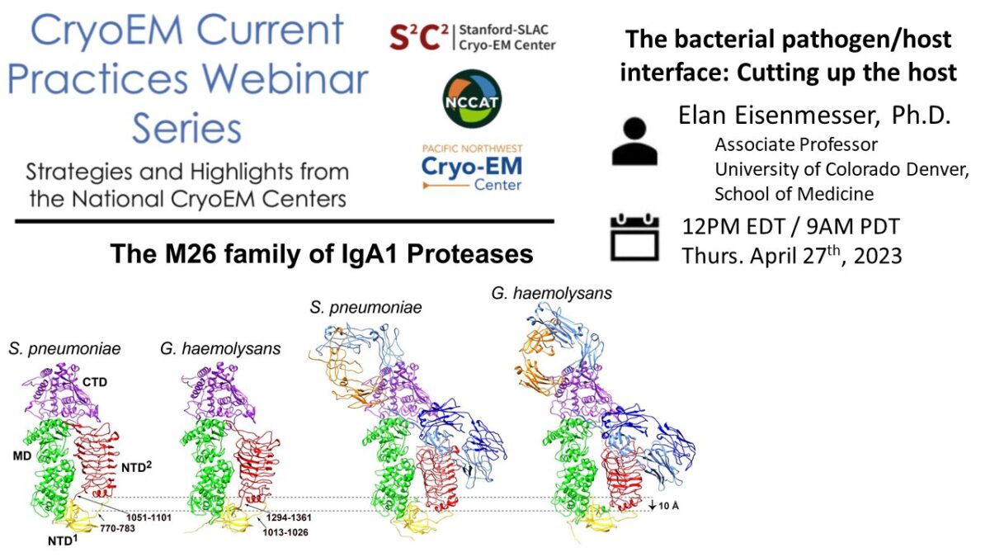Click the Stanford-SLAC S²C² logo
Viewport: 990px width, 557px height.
pos(472,36)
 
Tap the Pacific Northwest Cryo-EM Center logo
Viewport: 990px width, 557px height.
pos(471,168)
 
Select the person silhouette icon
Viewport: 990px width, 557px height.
pos(634,141)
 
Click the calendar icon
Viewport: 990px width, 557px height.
pos(634,238)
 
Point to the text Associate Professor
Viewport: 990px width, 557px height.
pos(796,145)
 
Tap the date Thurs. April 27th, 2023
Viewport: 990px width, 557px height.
pos(792,256)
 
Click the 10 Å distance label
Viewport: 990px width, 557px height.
pos(665,504)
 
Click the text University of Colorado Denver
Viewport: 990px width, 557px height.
pos(842,170)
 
